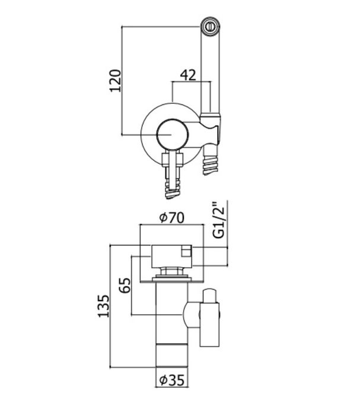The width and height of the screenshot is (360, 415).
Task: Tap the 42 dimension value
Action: pos(188,75)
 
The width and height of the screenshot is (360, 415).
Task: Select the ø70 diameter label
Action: pos(171,217)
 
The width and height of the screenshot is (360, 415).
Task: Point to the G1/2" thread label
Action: pos(219,220)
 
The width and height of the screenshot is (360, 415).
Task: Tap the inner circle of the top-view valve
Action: pos(171,135)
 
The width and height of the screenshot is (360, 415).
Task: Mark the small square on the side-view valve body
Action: pos(186,251)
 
